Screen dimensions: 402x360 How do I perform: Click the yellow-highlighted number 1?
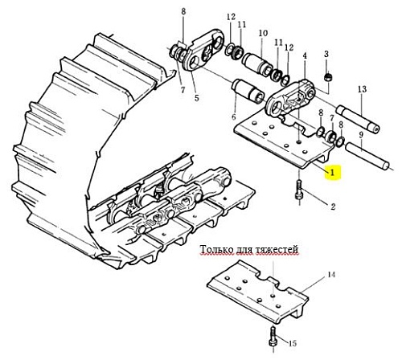pyautogui.click(x=332, y=173)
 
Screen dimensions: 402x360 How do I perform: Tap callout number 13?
pyautogui.click(x=362, y=89)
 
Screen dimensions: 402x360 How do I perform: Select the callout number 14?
pyautogui.click(x=331, y=275)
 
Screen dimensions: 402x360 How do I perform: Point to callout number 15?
pyautogui.click(x=293, y=343)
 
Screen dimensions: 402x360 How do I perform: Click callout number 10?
pyautogui.click(x=263, y=33)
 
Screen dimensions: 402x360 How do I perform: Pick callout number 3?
pyautogui.click(x=326, y=55)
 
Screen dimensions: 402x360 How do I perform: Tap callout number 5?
pyautogui.click(x=197, y=98)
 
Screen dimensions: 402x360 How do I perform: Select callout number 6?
pyautogui.click(x=234, y=117)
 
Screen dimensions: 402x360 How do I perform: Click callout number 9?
pyautogui.click(x=361, y=135)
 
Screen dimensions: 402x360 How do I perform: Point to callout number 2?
pyautogui.click(x=333, y=207)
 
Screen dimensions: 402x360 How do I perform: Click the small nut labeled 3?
pyautogui.click(x=327, y=77)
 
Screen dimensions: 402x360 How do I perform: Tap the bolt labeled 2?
pyautogui.click(x=299, y=190)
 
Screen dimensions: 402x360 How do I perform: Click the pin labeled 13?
pyautogui.click(x=358, y=119)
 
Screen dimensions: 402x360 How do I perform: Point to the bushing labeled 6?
pyautogui.click(x=248, y=91)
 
